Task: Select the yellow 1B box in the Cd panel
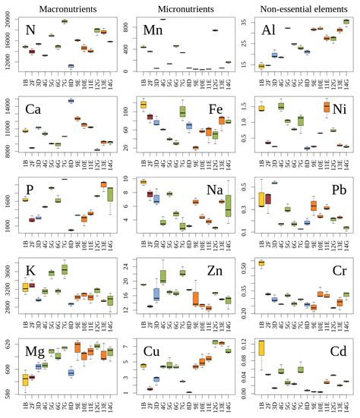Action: pos(261,358)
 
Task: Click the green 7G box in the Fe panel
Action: pos(182,112)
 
